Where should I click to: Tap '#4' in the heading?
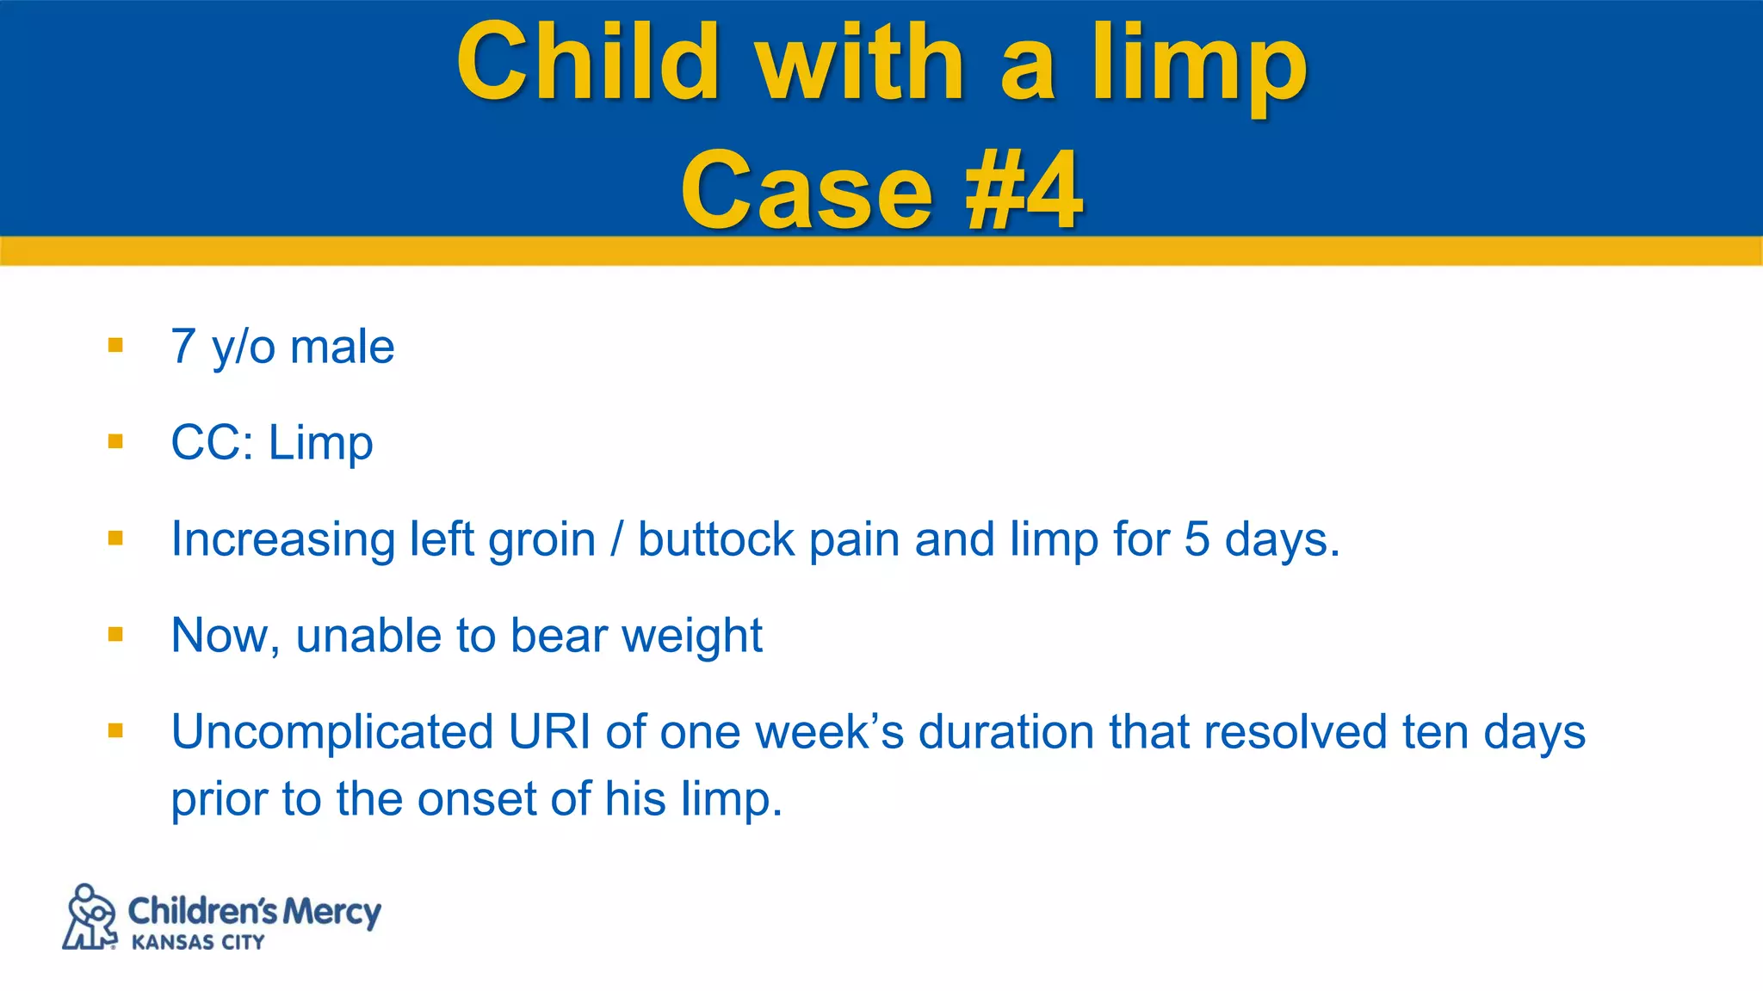(x=1024, y=191)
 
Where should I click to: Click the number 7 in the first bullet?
(x=183, y=347)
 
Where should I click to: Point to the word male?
(x=342, y=347)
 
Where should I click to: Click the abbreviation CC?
(x=212, y=443)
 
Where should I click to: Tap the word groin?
(x=541, y=540)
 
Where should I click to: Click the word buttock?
(x=716, y=540)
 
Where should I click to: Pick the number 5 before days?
(x=1197, y=540)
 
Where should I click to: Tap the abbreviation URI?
(x=549, y=732)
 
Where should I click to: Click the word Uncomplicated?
(x=332, y=732)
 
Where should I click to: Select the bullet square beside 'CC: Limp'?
(x=115, y=442)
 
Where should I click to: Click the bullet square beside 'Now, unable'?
(x=115, y=635)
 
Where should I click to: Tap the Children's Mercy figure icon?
(x=90, y=917)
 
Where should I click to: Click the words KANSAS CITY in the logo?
(x=198, y=943)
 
